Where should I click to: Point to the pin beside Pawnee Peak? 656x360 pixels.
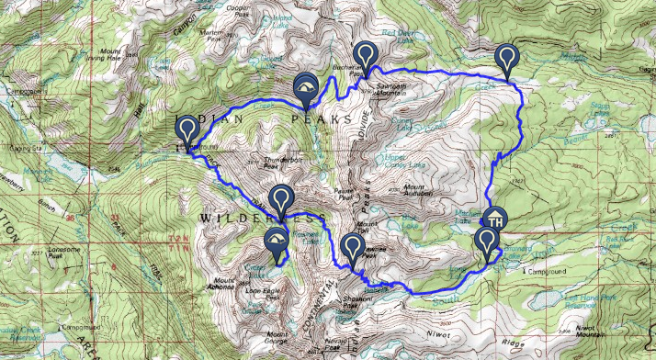point(352,247)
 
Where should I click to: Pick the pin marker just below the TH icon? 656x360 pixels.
point(487,242)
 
